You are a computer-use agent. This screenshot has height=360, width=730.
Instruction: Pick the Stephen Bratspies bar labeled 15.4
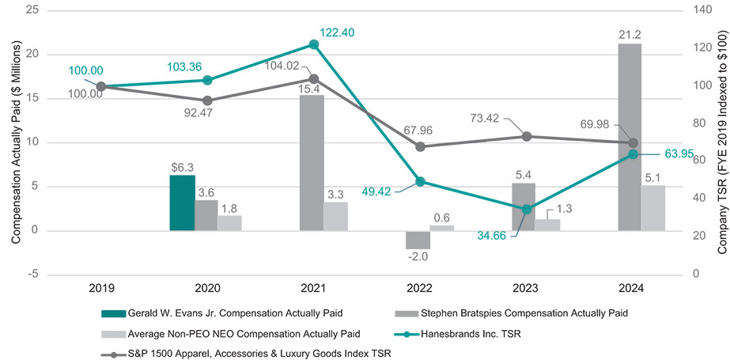pos(312,162)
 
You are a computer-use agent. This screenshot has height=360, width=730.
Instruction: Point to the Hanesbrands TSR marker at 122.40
pos(314,44)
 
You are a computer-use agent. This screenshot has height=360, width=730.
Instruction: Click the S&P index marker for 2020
pos(207,100)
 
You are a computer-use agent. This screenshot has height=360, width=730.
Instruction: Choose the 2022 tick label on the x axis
pos(420,288)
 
